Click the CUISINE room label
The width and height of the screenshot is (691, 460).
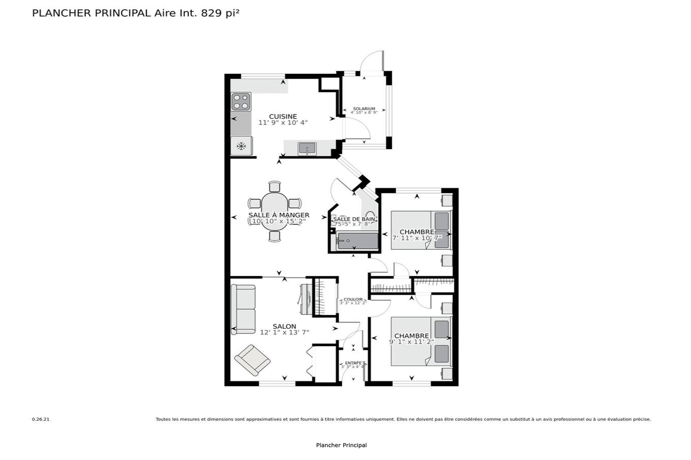coord(283,116)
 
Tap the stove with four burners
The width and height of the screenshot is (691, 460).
coord(241,101)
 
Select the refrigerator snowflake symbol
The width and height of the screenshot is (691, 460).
coord(241,146)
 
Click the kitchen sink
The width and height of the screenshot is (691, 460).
coord(307,148)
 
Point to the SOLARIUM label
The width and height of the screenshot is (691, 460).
coord(364,109)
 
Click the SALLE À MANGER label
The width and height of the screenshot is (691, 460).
coord(279,215)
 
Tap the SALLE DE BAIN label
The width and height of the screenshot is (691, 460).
coord(354,219)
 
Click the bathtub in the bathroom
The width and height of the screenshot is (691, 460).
coord(357,241)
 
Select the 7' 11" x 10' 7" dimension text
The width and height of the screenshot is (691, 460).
coord(417,238)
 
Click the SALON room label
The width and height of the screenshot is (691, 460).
coord(284,326)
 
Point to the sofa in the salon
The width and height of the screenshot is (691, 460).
coord(243,309)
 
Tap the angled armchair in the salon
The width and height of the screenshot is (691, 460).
coord(252,360)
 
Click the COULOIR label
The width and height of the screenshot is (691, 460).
coord(353,299)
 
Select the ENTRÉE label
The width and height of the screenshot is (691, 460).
coord(353,363)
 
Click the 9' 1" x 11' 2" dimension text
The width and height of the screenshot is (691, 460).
coord(411,342)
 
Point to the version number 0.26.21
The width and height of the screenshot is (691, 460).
coord(41,419)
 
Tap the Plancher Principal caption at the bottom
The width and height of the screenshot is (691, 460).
coord(341,445)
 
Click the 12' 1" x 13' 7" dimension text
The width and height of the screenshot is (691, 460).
coord(284,332)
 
